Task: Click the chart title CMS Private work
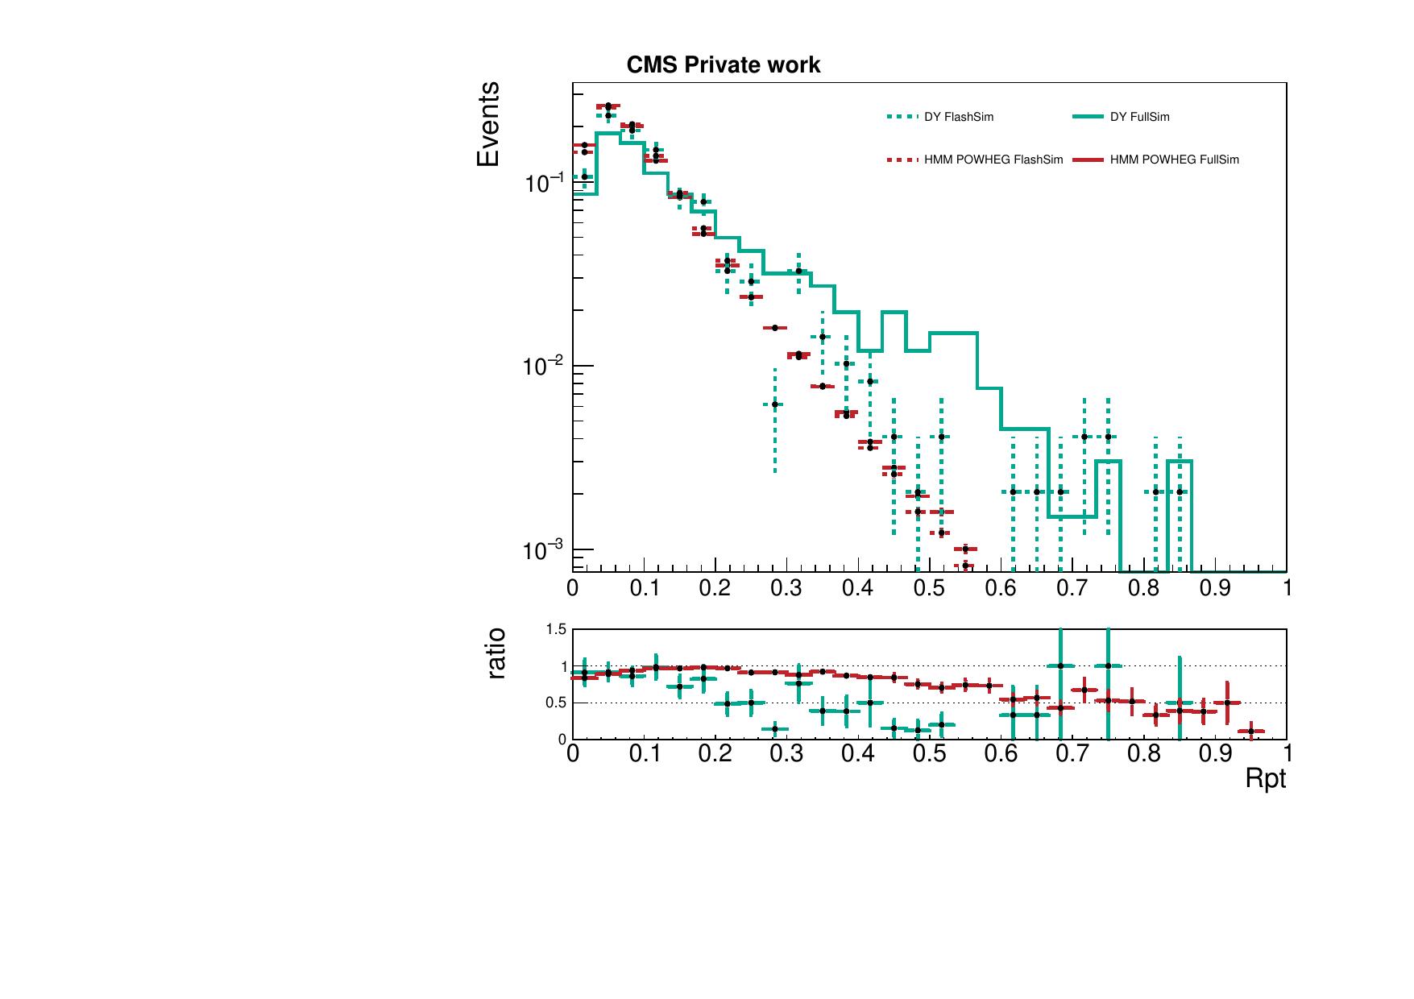tap(723, 65)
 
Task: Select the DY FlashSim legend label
tap(959, 117)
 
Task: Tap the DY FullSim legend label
tap(1139, 117)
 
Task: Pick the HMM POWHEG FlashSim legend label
tap(993, 160)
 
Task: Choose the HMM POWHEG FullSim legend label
tap(1174, 160)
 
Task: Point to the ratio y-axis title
tap(497, 653)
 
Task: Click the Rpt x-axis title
tap(1265, 778)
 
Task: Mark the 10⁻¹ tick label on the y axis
tap(544, 183)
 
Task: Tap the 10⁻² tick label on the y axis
tap(544, 367)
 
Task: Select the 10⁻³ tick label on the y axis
tap(544, 550)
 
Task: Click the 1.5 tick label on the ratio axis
tap(557, 629)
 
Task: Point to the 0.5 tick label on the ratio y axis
tap(557, 703)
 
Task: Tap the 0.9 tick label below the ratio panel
tap(1215, 753)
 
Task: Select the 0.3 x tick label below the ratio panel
tap(786, 753)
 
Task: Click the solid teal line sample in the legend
tap(1087, 117)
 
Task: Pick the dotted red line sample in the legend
tap(902, 160)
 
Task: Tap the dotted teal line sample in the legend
tap(902, 117)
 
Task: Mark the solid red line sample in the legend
tap(1087, 160)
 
